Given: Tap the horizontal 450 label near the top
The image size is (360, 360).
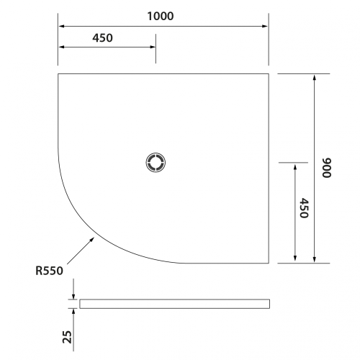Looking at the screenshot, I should point(102,38).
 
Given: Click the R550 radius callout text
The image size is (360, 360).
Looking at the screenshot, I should point(50,271).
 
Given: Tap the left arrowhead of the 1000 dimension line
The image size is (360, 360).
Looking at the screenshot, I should point(62,27).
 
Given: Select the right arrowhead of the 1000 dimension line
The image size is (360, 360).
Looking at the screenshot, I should point(266,27).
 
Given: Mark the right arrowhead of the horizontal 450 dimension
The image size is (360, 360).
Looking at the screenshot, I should point(152,47).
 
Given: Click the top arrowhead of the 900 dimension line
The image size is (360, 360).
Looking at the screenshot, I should point(315,77).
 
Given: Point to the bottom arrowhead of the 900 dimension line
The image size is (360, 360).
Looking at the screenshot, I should point(315,259).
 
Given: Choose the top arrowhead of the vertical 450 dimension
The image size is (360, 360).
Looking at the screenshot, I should point(295,166).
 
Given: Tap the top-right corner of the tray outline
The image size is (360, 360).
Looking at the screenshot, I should point(269,73).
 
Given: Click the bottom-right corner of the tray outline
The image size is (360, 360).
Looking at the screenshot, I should point(269,264).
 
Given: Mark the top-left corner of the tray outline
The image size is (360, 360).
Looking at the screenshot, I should point(58,73).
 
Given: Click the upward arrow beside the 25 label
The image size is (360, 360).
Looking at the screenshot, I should point(73,312).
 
